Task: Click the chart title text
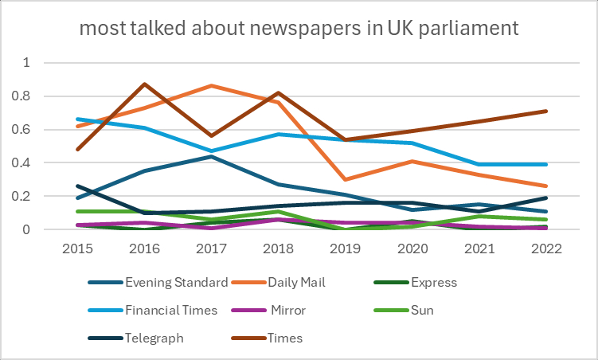pyautogui.click(x=299, y=30)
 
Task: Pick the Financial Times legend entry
pyautogui.click(x=171, y=310)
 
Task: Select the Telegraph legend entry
pyautogui.click(x=154, y=338)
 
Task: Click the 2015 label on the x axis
pyautogui.click(x=78, y=248)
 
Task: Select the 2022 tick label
pyautogui.click(x=545, y=248)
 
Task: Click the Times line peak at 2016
pyautogui.click(x=143, y=84)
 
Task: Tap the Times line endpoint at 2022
pyautogui.click(x=545, y=111)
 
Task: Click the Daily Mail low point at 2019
pyautogui.click(x=344, y=179)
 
